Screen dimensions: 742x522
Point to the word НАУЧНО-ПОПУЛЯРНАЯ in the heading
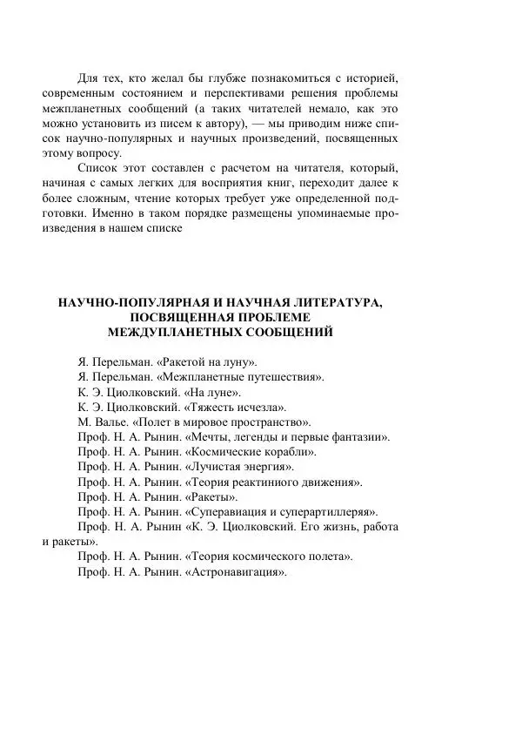[x=126, y=302]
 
